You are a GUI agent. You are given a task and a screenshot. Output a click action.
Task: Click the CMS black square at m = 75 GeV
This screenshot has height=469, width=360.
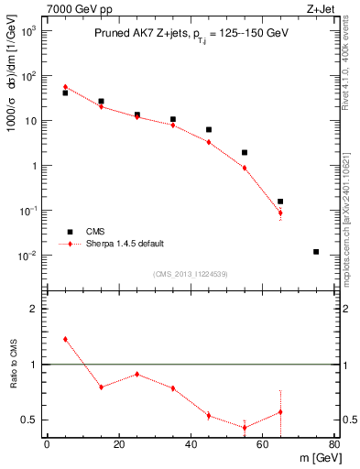[316, 252]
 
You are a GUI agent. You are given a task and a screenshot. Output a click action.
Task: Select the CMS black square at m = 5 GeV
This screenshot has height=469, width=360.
[65, 93]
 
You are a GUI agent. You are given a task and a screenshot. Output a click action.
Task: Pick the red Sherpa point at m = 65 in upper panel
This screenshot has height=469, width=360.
[280, 213]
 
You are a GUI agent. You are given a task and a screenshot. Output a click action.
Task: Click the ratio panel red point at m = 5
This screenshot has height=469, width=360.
[65, 339]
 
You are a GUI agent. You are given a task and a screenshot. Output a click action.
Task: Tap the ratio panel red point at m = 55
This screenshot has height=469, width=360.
[245, 428]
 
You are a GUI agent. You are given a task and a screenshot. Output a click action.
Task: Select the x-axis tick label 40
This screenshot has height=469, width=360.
[191, 445]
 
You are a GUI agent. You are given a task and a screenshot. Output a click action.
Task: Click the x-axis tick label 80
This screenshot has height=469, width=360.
[334, 445]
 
